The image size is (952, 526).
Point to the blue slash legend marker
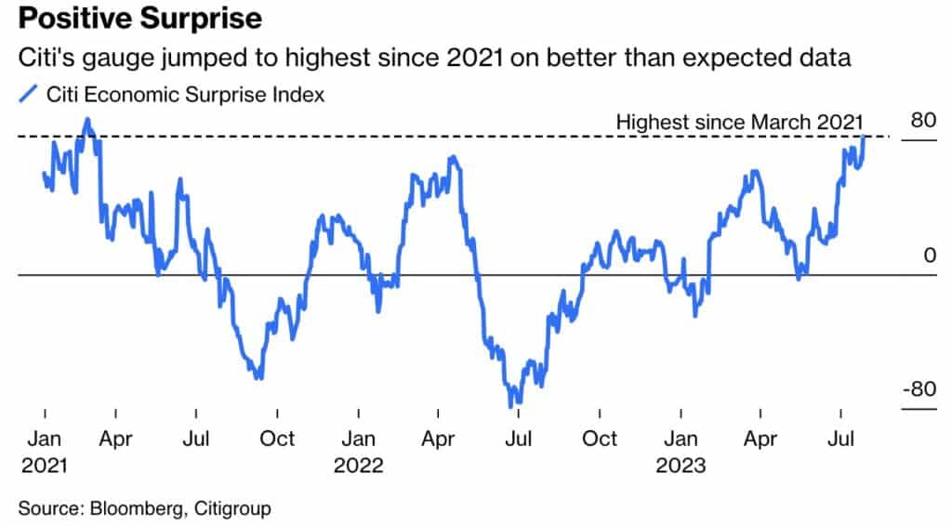[29, 94]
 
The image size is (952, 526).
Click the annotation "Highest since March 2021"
[740, 122]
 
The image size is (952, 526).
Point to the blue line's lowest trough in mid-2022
[511, 405]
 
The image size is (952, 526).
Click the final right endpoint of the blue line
[865, 137]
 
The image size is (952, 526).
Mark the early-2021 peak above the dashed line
[87, 119]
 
